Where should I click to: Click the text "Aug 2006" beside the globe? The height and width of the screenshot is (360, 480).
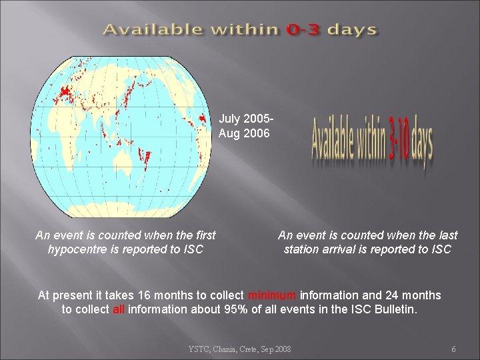[244, 133]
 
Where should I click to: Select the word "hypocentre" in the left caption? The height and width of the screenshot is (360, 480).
[79, 249]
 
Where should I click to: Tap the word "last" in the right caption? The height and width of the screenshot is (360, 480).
[446, 235]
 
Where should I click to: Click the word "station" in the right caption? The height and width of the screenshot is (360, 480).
[304, 249]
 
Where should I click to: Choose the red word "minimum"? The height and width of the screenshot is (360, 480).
[272, 295]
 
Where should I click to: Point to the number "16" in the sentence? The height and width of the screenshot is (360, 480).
[144, 295]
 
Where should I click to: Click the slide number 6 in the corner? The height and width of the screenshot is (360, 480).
[453, 349]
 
